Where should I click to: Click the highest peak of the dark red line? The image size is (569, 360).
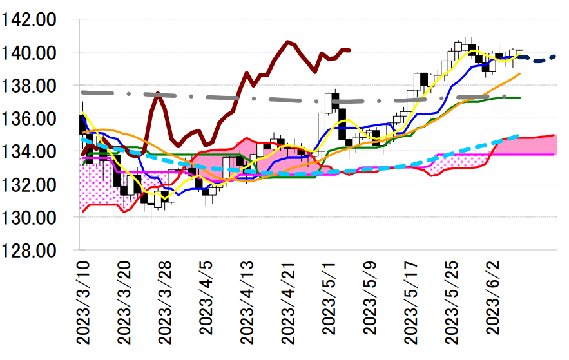287,42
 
